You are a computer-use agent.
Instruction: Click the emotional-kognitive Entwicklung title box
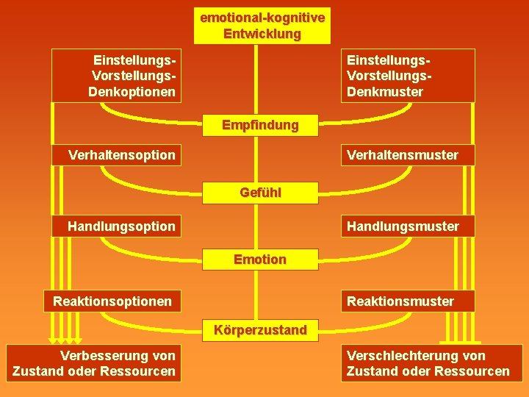(x=262, y=26)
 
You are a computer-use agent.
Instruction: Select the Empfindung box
(x=260, y=125)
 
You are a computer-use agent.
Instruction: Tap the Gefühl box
(x=260, y=193)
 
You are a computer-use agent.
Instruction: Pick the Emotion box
(x=260, y=260)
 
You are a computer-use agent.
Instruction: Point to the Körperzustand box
(x=260, y=330)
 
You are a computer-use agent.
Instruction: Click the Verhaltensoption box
(x=118, y=155)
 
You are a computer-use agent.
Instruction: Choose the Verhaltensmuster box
(x=407, y=155)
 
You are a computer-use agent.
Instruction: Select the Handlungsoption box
(x=118, y=226)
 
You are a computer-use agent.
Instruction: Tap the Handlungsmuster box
(x=407, y=226)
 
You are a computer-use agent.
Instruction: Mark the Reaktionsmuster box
(x=407, y=301)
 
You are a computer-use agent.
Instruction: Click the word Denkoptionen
(x=132, y=92)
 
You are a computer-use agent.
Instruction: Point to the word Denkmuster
(x=385, y=92)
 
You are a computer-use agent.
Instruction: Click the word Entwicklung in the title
(x=262, y=34)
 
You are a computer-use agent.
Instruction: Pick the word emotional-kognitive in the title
(x=262, y=17)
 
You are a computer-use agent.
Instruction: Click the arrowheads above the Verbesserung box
(x=65, y=341)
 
